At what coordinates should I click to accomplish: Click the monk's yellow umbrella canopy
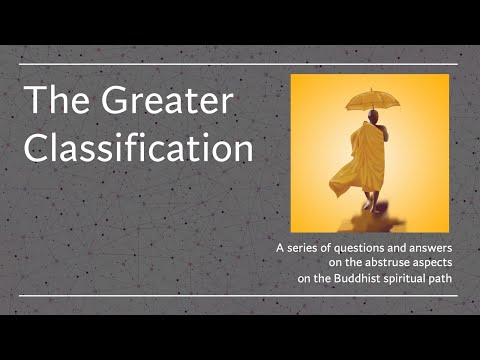coord(372,100)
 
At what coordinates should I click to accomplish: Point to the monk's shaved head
coord(372,117)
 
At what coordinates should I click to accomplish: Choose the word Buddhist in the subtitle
coord(364,279)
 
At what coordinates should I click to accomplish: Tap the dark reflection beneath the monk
coord(370,216)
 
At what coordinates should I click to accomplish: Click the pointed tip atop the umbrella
coord(372,89)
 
